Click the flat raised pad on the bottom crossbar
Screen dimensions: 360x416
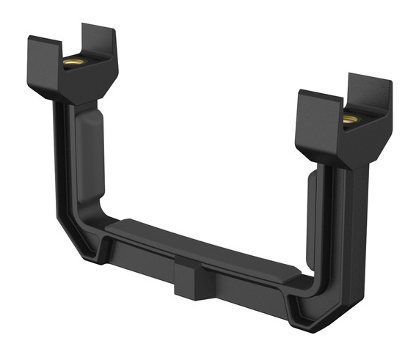point(202,249)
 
